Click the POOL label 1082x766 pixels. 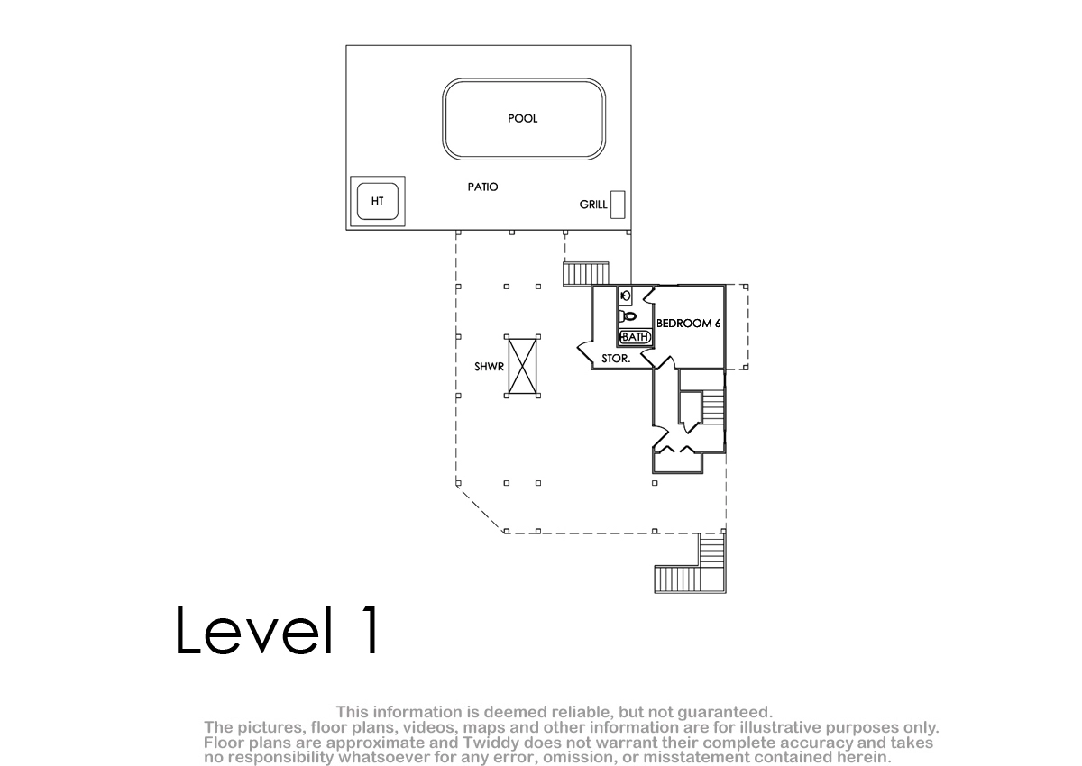pos(522,118)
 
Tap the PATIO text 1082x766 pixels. pos(482,187)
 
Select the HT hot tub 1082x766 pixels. pos(377,201)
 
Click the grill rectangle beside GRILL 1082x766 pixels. pos(618,205)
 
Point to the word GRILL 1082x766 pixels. pos(593,205)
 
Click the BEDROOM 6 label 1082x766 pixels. pos(688,324)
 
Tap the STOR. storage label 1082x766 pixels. pos(616,359)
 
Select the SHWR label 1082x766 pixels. pos(489,367)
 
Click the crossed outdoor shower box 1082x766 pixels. pos(522,366)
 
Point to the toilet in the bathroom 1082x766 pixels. pos(627,316)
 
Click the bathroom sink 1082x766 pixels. pos(626,296)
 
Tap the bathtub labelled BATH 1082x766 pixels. pos(635,336)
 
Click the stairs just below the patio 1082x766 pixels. pos(586,274)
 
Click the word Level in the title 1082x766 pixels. pos(254,631)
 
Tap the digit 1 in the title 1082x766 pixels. pos(371,630)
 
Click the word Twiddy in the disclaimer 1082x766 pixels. pos(489,743)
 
